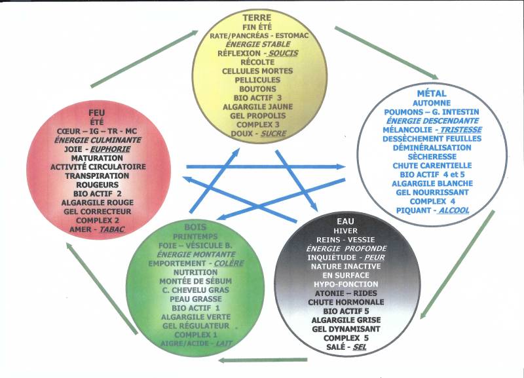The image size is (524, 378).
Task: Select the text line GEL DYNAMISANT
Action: pos(337,328)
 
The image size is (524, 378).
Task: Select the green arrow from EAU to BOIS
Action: pos(262,360)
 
